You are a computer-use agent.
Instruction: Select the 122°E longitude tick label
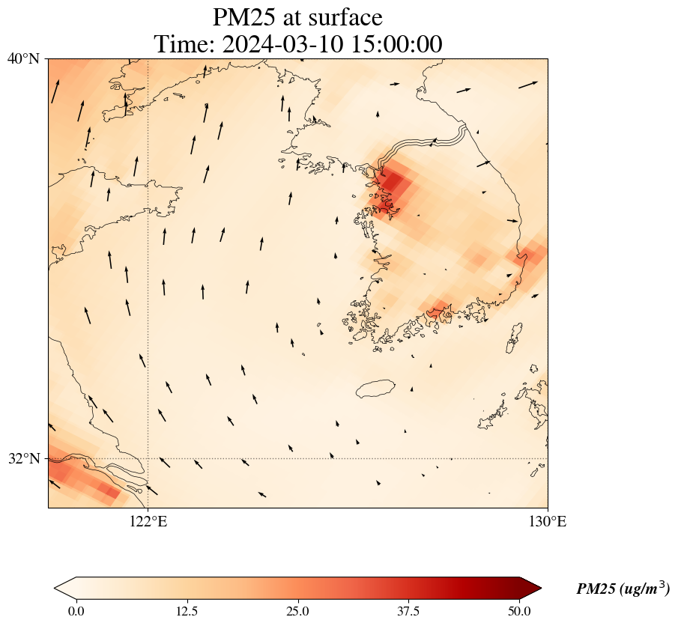(148, 522)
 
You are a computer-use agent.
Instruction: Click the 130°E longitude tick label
(548, 522)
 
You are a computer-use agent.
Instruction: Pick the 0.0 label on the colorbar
(76, 611)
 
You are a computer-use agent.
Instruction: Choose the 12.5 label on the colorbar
(187, 611)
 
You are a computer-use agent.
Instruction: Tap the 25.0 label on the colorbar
(297, 611)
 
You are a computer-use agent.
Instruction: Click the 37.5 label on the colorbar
(408, 611)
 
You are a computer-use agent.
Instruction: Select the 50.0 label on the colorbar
(519, 611)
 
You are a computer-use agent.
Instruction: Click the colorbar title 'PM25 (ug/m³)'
(623, 589)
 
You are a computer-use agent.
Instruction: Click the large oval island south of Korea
(375, 389)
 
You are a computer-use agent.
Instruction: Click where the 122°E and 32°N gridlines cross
(148, 458)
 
